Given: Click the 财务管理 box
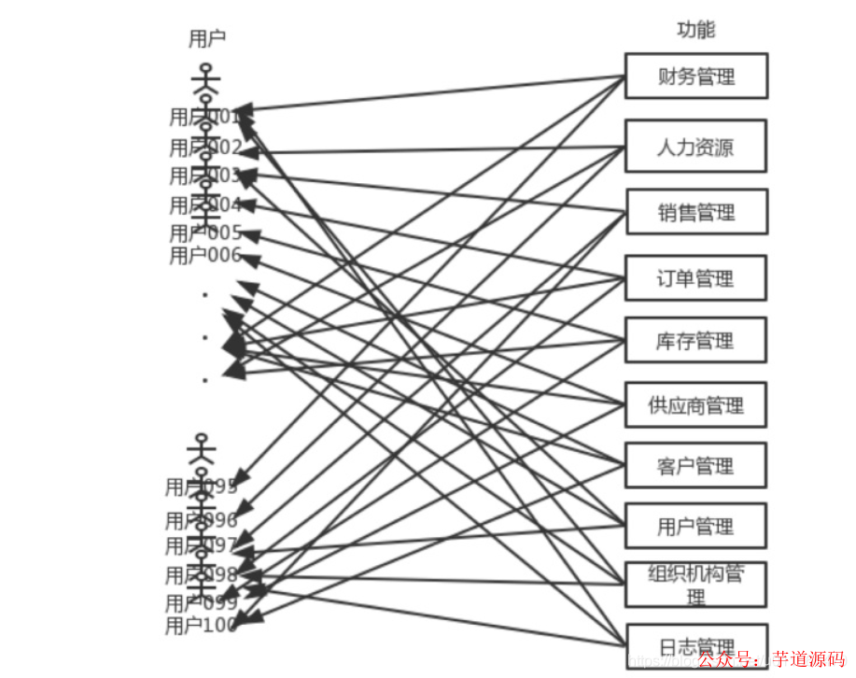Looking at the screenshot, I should point(695,76).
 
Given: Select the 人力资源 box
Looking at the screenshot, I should point(695,146).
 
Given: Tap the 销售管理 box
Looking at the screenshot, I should point(695,212).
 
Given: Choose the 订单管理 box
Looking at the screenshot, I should point(695,277).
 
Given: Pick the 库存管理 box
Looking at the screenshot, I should point(695,340).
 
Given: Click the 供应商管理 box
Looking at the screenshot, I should point(695,405).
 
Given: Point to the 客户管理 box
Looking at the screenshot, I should point(695,465).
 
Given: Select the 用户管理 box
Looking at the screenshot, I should point(695,526).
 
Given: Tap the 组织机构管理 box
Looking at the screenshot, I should point(695,585).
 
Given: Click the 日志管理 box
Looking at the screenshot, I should point(695,645).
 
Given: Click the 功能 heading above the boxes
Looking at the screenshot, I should point(695,30).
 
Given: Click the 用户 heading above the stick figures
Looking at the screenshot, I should point(206,38).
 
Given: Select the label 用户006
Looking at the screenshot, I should point(205,256).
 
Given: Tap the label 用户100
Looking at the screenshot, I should point(201,626).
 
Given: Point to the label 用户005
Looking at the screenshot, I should point(205,233).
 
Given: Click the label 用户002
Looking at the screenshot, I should point(205,148).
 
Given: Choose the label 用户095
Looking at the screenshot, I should point(201,487).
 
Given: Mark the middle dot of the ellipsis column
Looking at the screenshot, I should point(204,337).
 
